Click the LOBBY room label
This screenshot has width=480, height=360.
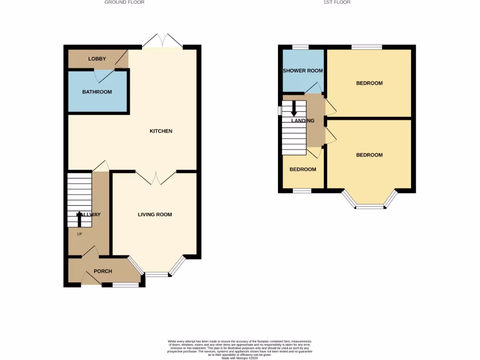click(x=97, y=59)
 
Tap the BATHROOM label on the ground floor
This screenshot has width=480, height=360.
click(x=97, y=92)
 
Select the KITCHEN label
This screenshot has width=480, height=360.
click(x=161, y=131)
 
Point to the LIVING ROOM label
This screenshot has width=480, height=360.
click(x=155, y=215)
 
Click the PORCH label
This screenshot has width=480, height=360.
click(x=103, y=271)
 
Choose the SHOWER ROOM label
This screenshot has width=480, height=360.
click(x=303, y=71)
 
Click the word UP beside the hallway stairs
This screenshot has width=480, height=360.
click(x=79, y=234)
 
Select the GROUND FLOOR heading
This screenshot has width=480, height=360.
click(x=124, y=2)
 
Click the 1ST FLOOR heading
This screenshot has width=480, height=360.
click(x=337, y=2)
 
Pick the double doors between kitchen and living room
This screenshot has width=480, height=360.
click(x=156, y=177)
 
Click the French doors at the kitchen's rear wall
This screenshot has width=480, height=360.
click(x=162, y=41)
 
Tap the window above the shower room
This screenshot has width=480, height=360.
click(x=300, y=47)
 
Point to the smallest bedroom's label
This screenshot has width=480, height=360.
click(x=302, y=169)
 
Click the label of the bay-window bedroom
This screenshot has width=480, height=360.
click(x=369, y=155)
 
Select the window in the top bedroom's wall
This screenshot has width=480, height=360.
click(x=367, y=47)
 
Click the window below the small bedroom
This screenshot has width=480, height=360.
click(x=302, y=191)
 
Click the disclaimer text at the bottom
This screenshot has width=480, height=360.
click(x=240, y=350)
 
